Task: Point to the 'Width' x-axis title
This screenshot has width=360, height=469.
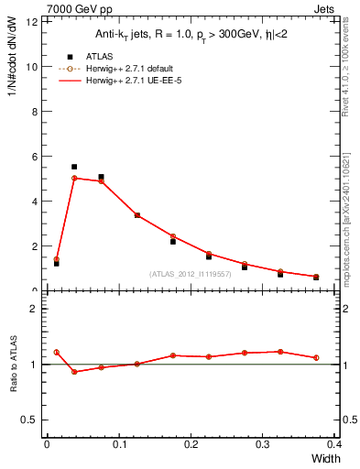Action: pyautogui.click(x=324, y=457)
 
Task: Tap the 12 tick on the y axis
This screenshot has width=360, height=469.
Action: pyautogui.click(x=35, y=22)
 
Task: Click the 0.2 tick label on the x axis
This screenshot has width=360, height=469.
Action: pyautogui.click(x=191, y=444)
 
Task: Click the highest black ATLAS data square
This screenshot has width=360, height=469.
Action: pyautogui.click(x=74, y=167)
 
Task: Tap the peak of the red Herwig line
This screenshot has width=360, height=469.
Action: pyautogui.click(x=74, y=178)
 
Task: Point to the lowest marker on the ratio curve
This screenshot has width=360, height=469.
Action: pyautogui.click(x=74, y=372)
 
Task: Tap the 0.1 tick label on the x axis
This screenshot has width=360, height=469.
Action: pyautogui.click(x=118, y=444)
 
